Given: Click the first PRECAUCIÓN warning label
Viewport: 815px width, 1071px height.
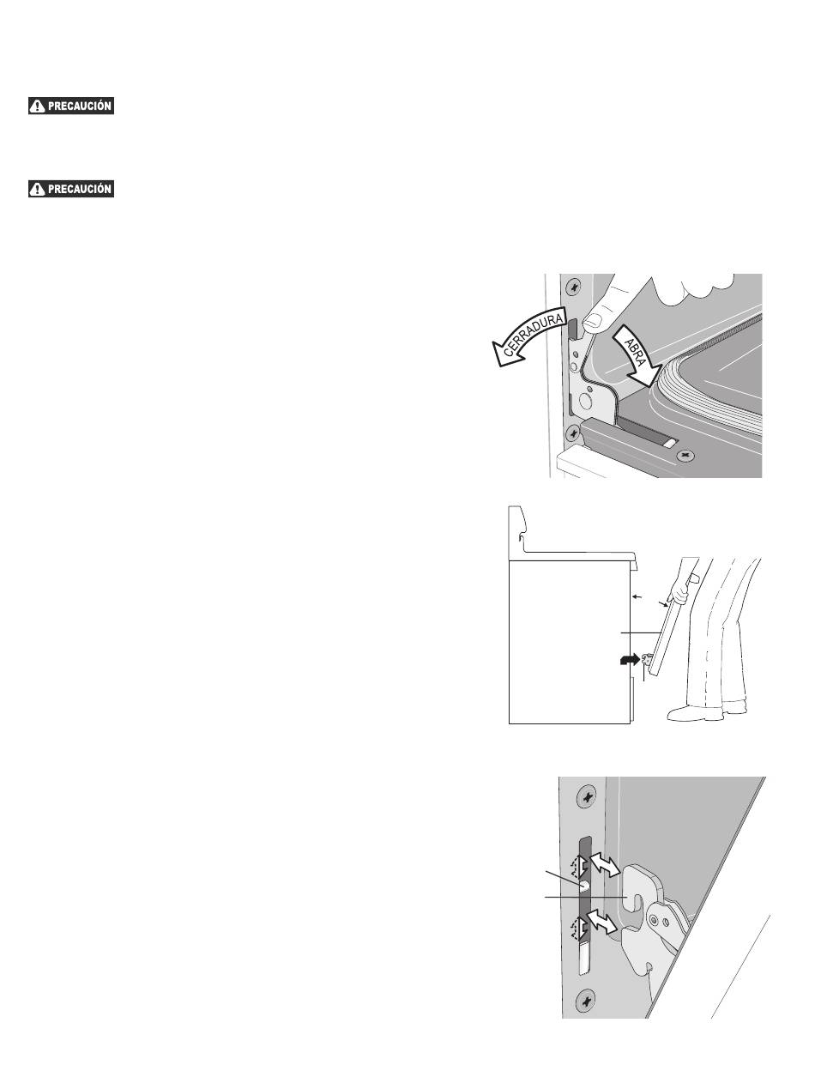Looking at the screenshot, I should [x=71, y=106].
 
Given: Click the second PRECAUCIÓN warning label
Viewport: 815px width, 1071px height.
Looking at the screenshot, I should [x=71, y=188].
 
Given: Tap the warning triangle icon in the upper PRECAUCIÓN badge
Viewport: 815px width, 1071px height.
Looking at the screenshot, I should [x=37, y=106].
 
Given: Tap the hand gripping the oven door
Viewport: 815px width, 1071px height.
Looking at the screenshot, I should [x=684, y=591].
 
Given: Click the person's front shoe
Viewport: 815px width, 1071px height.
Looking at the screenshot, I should [x=691, y=711].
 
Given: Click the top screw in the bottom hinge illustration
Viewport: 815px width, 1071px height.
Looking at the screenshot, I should [x=586, y=797].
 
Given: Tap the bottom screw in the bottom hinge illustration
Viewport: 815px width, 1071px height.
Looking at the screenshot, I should [x=586, y=998].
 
